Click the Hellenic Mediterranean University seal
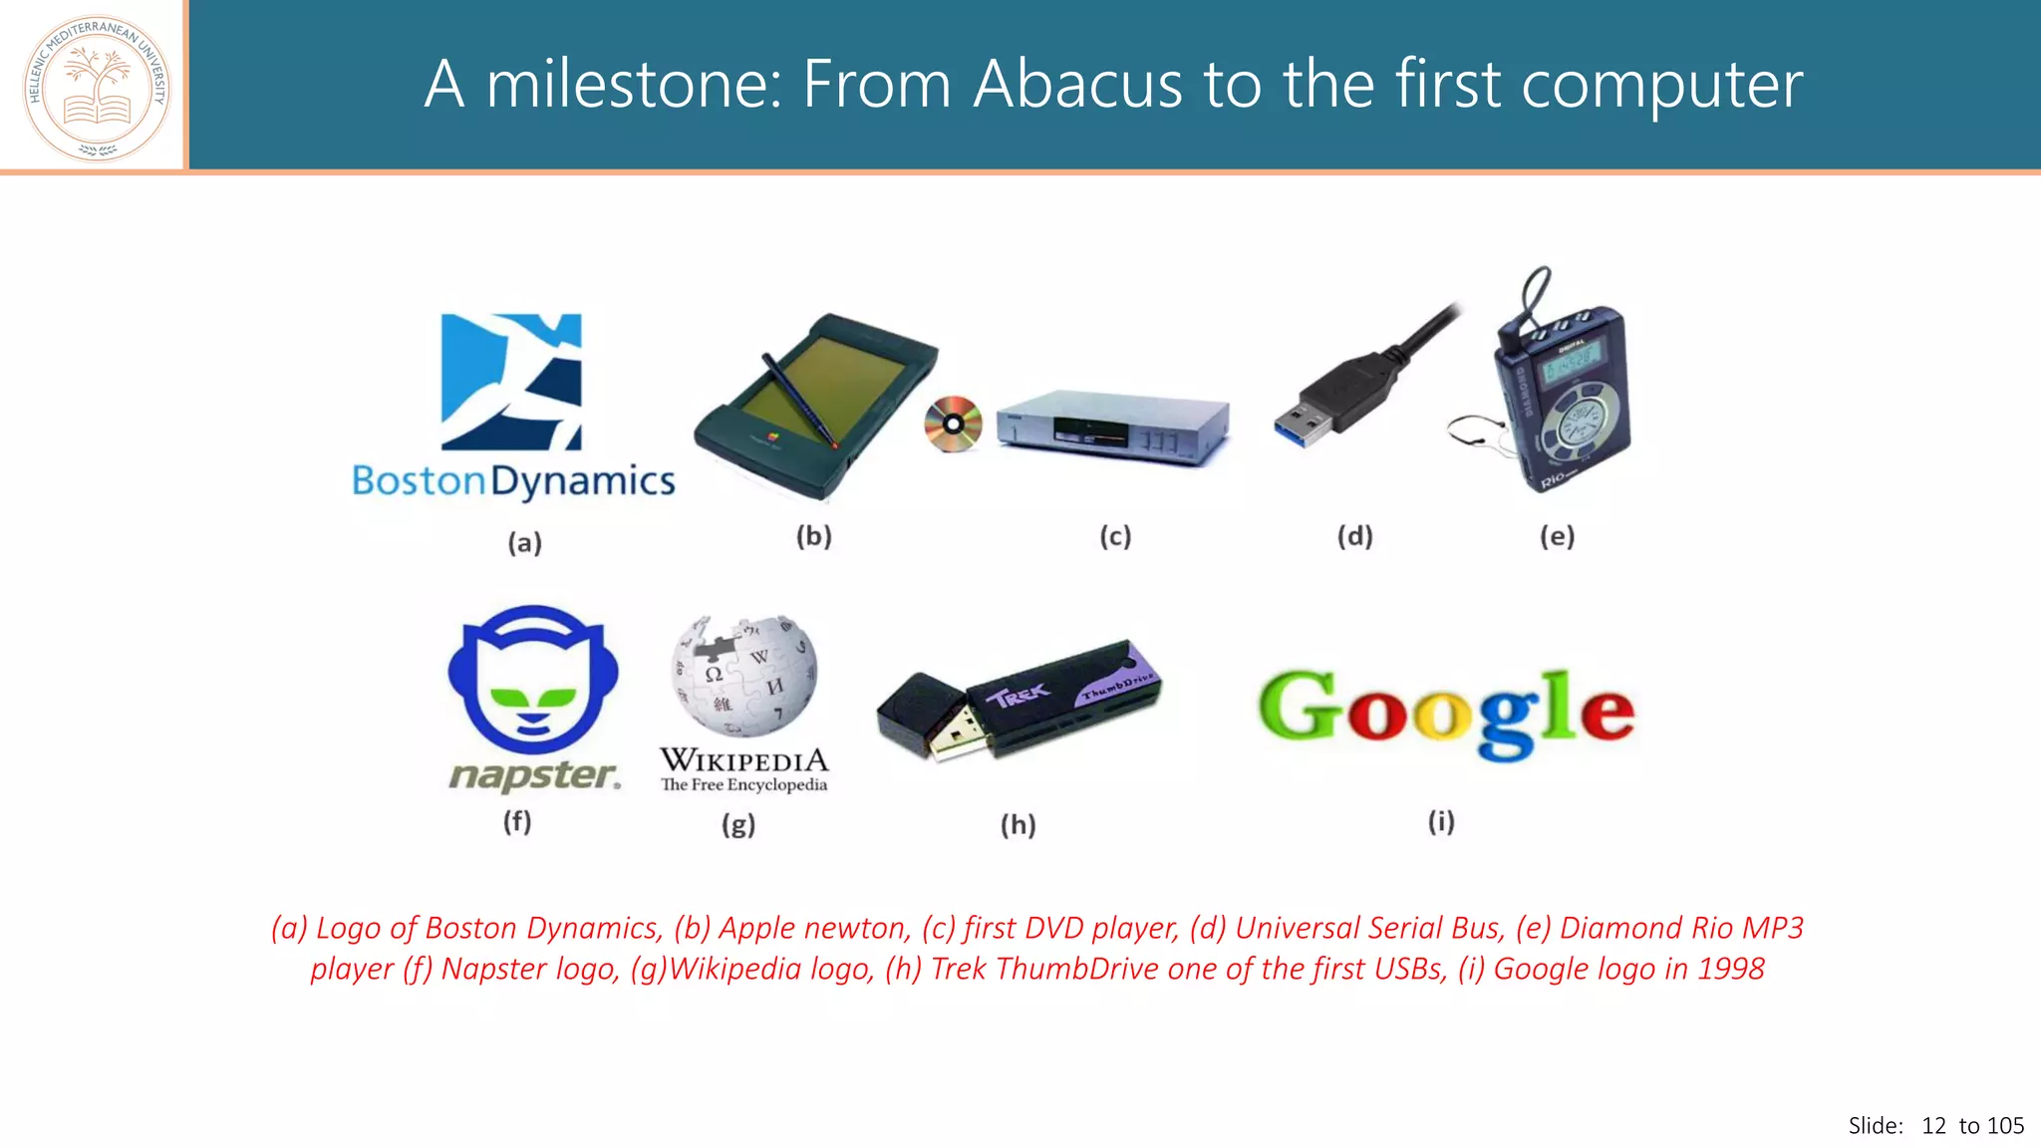97,88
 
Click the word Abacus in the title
1077,84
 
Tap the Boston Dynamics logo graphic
511,382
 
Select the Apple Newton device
815,406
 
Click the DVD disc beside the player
953,425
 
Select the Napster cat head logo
533,680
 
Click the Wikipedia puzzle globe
744,675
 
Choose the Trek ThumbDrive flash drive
1019,702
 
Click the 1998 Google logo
1445,712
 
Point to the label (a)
524,543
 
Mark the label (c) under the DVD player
1115,537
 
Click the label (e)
1557,537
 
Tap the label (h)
1018,825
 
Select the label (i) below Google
1441,822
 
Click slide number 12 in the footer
1933,1126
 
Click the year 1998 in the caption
1731,969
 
